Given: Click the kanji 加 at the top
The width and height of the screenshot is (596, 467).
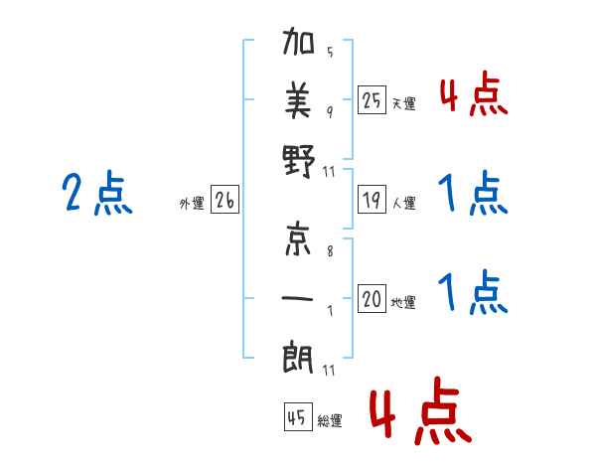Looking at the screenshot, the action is [298, 41].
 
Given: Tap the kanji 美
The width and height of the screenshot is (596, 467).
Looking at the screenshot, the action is [298, 100].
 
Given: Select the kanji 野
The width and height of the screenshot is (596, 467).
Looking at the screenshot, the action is [299, 161].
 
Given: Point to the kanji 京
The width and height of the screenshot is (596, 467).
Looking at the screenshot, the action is [298, 238].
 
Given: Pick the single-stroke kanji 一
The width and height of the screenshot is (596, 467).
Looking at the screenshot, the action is [298, 298].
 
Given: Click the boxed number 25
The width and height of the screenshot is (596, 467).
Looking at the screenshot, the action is [372, 100].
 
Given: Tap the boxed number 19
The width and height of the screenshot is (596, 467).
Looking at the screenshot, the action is [372, 200].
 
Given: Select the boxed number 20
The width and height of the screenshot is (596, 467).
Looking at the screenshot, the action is [372, 298].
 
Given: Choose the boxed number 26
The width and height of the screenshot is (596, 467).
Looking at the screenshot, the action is [224, 200].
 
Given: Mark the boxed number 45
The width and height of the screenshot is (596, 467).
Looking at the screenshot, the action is [298, 416].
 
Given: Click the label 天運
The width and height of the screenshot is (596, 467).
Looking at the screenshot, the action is [403, 103].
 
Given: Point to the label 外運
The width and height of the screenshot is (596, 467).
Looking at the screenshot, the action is [192, 203].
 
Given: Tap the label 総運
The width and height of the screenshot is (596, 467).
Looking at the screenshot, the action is [330, 420].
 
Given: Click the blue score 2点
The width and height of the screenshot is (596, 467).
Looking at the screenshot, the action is [97, 193].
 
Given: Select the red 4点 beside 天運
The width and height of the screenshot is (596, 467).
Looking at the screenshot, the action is [474, 94].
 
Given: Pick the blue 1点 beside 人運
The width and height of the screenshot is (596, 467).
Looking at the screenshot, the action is [473, 193].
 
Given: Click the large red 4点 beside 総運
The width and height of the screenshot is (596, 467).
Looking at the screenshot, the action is [420, 410].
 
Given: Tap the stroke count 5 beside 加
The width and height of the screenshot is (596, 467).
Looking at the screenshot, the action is [330, 52].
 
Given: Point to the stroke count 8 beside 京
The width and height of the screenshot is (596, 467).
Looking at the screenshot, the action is [330, 251].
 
